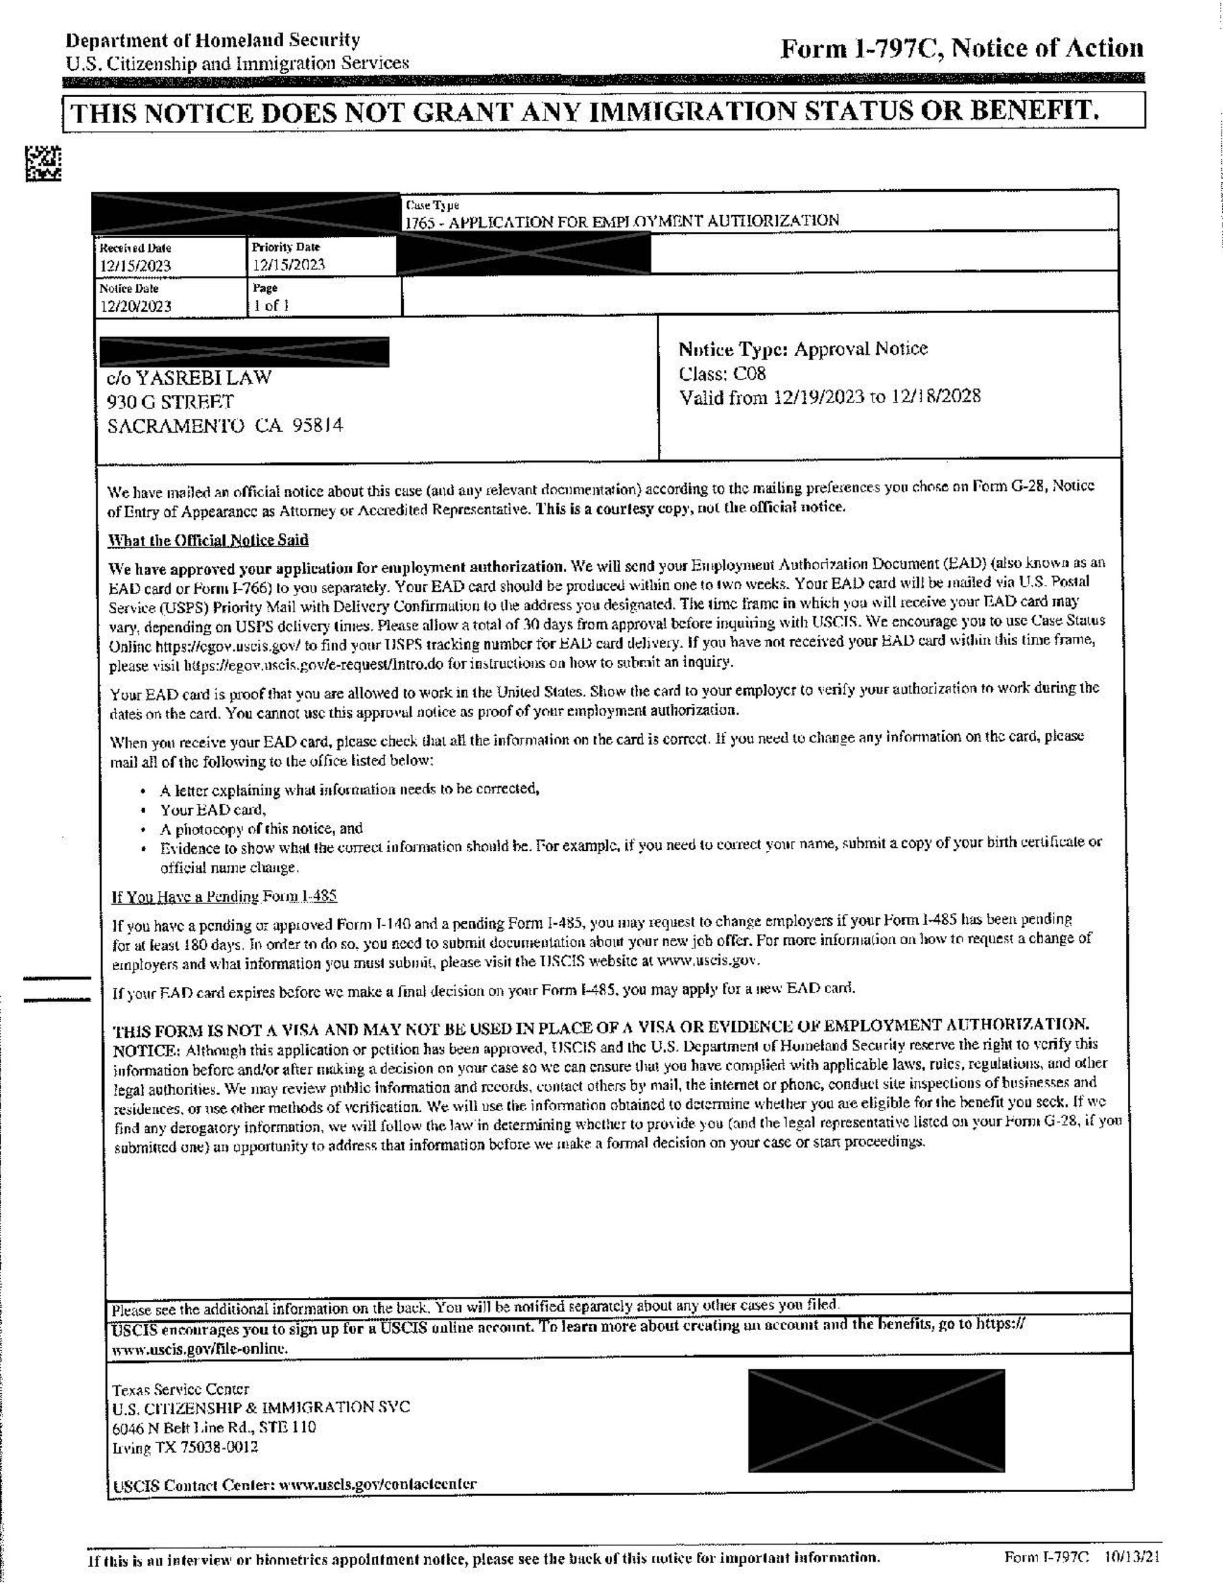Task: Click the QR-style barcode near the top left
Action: coord(43,163)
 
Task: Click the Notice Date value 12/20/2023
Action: coord(135,306)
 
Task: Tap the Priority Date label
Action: coord(286,247)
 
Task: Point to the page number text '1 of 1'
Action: coord(271,305)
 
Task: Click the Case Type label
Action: coord(432,206)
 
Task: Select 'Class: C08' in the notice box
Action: coord(722,373)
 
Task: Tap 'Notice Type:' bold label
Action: coord(732,349)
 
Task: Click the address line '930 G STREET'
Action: coord(171,401)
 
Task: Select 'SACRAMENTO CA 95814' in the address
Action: coord(224,425)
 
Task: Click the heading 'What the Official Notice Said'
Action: coord(208,540)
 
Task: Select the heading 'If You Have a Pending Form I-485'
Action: coord(224,897)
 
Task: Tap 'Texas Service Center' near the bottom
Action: coord(181,1389)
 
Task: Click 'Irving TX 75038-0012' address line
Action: coord(185,1448)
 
